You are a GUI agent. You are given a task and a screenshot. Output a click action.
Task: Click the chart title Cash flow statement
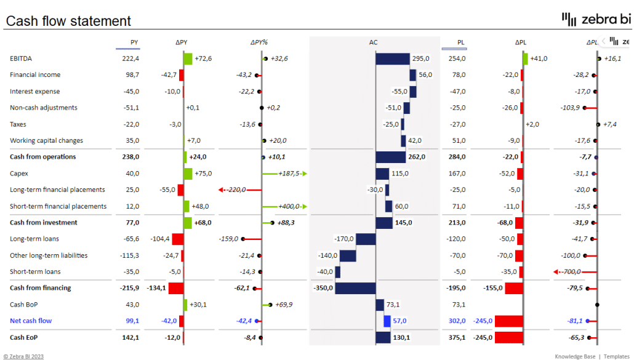(x=68, y=21)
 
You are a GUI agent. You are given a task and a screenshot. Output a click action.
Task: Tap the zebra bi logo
(x=596, y=20)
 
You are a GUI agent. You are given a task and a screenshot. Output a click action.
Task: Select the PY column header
(x=134, y=42)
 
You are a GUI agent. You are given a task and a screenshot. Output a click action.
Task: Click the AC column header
(x=374, y=42)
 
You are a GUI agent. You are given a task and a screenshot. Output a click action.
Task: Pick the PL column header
(x=460, y=42)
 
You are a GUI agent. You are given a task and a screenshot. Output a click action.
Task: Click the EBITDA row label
(x=21, y=58)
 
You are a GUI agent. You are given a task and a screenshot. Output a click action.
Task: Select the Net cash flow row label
(x=31, y=321)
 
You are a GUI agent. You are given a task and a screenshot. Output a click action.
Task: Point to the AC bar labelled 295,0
(x=393, y=58)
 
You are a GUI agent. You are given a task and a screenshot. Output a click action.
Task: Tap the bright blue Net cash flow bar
(x=387, y=321)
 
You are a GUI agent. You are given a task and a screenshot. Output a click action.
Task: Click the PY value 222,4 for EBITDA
(x=130, y=58)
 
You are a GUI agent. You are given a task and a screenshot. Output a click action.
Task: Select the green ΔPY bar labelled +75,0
(x=188, y=174)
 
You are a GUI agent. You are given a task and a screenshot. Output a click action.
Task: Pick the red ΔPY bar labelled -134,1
(x=176, y=288)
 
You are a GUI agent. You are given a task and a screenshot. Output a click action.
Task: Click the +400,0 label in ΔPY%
(x=288, y=206)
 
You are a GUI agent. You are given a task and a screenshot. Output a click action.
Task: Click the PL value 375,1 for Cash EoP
(x=457, y=337)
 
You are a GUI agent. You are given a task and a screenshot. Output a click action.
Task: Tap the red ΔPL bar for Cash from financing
(x=513, y=288)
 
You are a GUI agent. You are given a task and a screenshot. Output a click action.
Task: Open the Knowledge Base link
(x=575, y=356)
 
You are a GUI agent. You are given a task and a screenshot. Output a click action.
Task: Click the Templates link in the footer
(x=616, y=356)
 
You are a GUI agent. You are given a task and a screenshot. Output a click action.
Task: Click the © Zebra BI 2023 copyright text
(x=23, y=356)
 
